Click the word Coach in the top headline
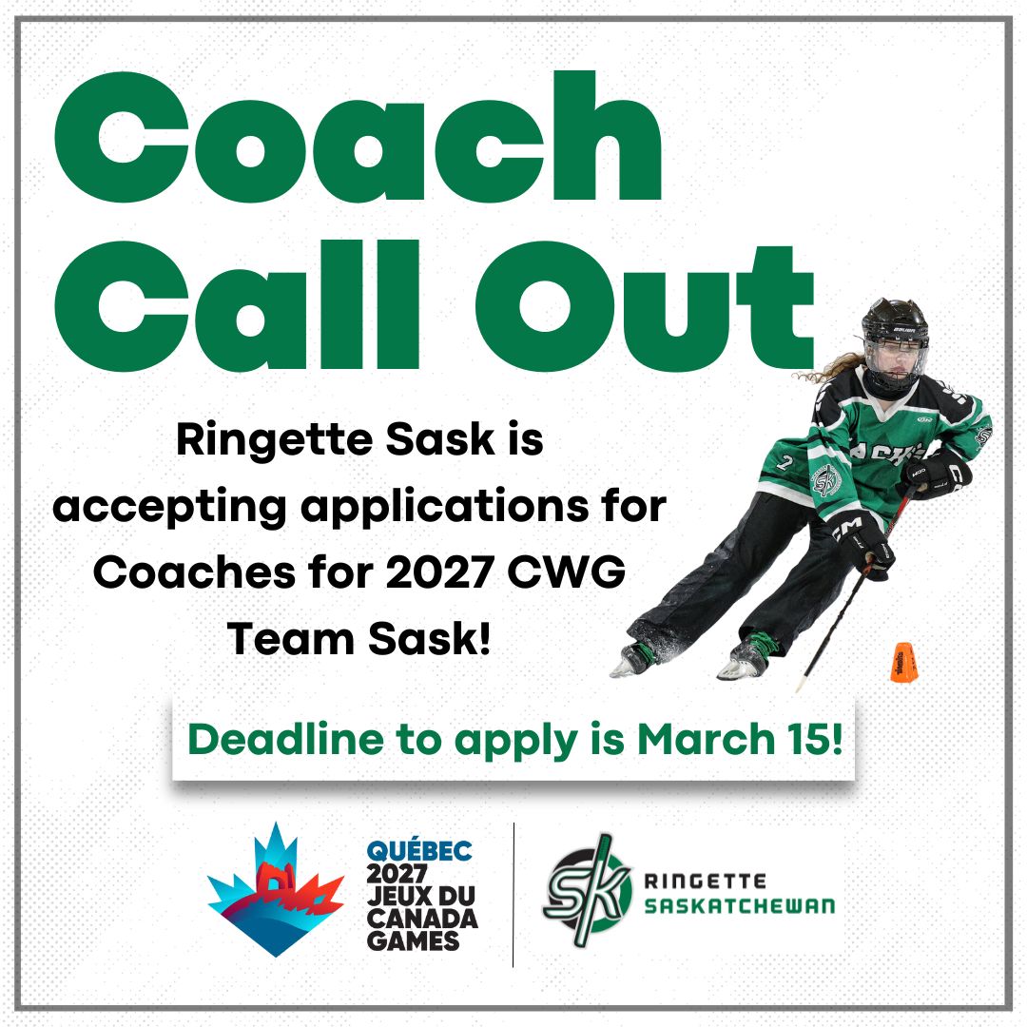358,136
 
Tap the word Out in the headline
645,306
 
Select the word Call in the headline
237,306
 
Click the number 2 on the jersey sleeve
785,462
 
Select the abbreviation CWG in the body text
567,572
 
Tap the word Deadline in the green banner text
285,739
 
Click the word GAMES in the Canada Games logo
413,940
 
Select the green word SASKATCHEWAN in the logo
740,906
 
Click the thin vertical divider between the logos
513,895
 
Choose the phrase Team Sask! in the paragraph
358,639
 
